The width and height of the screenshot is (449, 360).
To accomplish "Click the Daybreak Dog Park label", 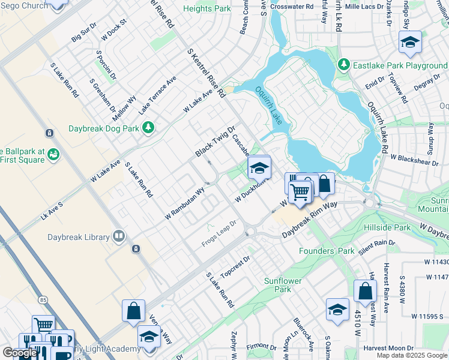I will (x=103, y=128).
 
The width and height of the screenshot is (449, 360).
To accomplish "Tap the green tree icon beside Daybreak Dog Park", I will (x=148, y=128).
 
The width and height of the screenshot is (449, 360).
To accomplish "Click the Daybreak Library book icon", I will (x=119, y=237).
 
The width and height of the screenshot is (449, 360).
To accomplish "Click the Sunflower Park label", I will (x=278, y=285).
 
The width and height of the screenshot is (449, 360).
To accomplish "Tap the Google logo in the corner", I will (x=19, y=353).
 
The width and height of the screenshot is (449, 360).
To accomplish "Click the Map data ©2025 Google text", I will (x=412, y=355).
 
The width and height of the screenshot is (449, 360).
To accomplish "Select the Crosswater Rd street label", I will (x=292, y=6).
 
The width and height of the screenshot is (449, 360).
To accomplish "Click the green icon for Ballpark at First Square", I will (x=53, y=155).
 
